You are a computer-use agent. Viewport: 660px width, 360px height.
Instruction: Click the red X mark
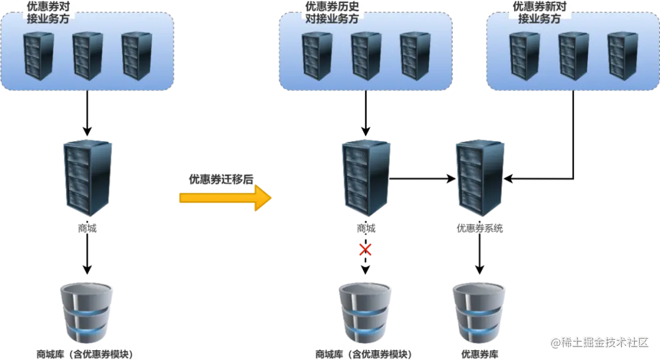[365, 249]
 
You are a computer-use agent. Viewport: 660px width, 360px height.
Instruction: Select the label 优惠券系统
[480, 229]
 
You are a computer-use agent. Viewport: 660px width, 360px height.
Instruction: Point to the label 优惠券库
[479, 354]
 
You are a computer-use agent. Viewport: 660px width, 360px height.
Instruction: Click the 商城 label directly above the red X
[366, 229]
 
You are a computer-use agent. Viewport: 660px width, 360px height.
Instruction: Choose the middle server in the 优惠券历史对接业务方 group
[365, 56]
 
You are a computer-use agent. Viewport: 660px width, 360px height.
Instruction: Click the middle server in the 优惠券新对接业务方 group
[573, 56]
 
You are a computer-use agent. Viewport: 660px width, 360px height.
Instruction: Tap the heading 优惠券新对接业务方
[539, 13]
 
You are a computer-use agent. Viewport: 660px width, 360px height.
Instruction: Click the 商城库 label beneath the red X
[363, 354]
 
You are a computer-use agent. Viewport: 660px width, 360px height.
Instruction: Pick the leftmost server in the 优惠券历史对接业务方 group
[317, 56]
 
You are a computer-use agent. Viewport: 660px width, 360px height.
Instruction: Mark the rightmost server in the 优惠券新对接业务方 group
[622, 56]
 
